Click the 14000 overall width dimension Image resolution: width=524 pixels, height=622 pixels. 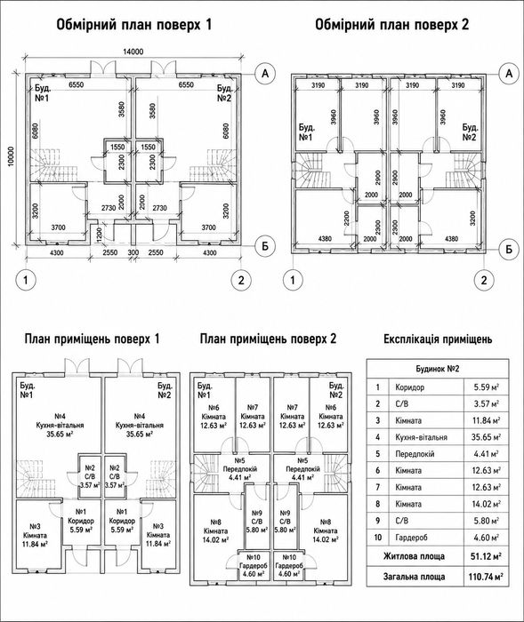click(133, 52)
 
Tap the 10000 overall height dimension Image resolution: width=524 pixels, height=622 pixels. click(11, 156)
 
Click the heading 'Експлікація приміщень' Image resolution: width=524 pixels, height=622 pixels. click(438, 339)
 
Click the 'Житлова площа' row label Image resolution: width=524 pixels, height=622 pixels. click(414, 556)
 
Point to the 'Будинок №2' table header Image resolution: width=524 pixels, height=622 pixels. click(438, 369)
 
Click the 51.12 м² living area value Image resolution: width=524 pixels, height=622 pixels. click(486, 556)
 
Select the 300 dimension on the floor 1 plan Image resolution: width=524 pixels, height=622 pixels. click(133, 252)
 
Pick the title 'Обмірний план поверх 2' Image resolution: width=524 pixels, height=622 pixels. click(392, 25)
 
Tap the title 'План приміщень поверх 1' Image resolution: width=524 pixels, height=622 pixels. click(93, 339)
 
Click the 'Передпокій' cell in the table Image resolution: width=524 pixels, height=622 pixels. click(415, 454)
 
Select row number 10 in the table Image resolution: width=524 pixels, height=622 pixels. click(378, 538)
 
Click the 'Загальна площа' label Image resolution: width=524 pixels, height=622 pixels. click(414, 577)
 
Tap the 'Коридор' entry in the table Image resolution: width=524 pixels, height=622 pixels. click(409, 387)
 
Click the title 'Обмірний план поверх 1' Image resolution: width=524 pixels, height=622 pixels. click(134, 25)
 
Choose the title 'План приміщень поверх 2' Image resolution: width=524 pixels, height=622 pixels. click(268, 339)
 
